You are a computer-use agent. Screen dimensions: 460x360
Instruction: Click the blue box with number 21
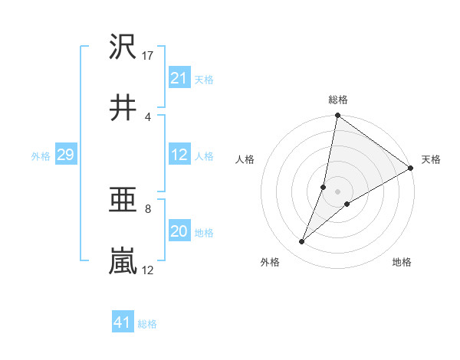click(179, 78)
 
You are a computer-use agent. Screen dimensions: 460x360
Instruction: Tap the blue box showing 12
click(179, 155)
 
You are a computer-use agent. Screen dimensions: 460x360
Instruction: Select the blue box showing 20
click(179, 231)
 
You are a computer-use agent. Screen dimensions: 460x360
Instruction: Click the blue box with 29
click(65, 155)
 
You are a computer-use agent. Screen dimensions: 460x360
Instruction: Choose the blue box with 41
click(123, 322)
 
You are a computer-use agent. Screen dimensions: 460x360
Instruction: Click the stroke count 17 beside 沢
click(148, 56)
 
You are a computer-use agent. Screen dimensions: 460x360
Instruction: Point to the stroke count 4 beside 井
click(147, 117)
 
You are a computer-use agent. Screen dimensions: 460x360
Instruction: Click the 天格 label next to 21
click(204, 79)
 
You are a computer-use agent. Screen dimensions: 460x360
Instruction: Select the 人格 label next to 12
click(204, 155)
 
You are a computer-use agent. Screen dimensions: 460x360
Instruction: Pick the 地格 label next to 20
click(204, 232)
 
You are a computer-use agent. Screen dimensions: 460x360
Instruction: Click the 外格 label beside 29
click(41, 155)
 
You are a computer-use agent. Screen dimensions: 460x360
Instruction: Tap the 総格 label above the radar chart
click(337, 100)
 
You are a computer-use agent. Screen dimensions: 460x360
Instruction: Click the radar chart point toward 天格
click(411, 169)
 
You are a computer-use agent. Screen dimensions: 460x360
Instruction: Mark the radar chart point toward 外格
click(302, 242)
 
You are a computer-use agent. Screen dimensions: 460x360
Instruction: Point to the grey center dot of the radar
click(337, 191)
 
